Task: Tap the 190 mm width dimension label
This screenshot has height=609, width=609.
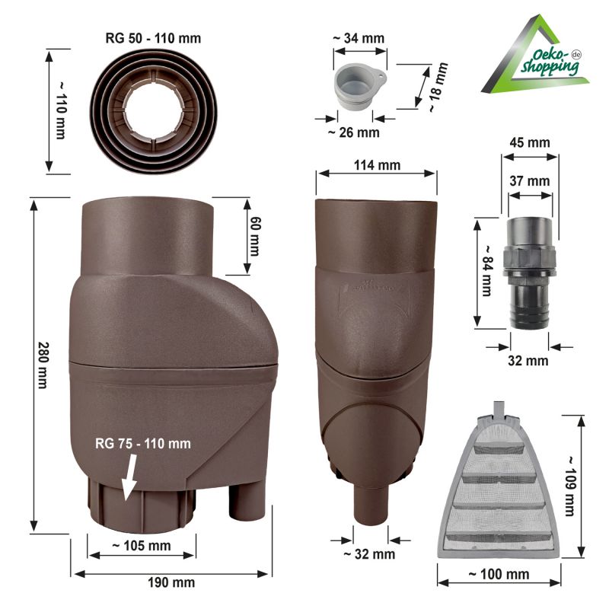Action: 172,582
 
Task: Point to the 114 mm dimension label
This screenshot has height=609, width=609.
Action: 377,165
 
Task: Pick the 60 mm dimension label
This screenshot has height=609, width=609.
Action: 255,235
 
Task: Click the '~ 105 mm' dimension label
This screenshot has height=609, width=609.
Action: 142,546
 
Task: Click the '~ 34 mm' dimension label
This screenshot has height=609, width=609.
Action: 358,38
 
